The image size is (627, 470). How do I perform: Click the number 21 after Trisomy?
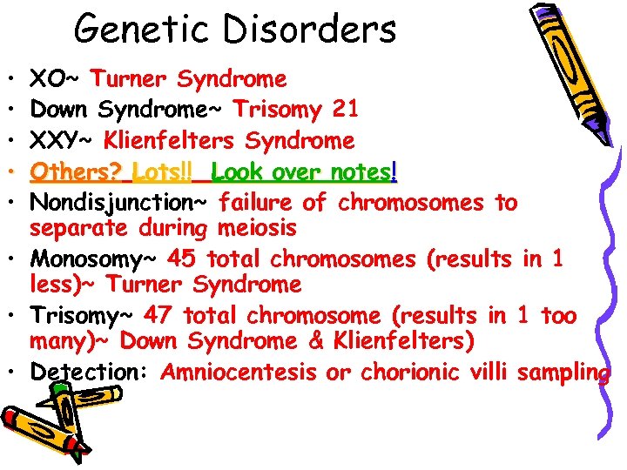click(343, 110)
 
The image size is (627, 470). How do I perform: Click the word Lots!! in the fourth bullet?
click(162, 172)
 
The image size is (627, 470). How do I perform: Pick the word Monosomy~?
click(95, 259)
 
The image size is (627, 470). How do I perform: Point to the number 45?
click(180, 259)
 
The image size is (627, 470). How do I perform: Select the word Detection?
click(92, 373)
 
